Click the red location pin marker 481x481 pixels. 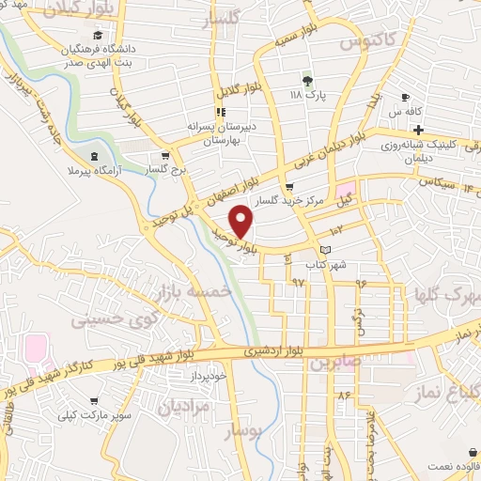(241, 222)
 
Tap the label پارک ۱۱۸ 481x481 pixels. (307, 96)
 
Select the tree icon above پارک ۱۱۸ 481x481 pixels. (307, 80)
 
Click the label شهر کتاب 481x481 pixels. (332, 264)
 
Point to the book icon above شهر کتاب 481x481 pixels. (325, 250)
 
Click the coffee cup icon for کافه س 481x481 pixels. (405, 97)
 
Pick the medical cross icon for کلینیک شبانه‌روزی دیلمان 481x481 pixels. (419, 128)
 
